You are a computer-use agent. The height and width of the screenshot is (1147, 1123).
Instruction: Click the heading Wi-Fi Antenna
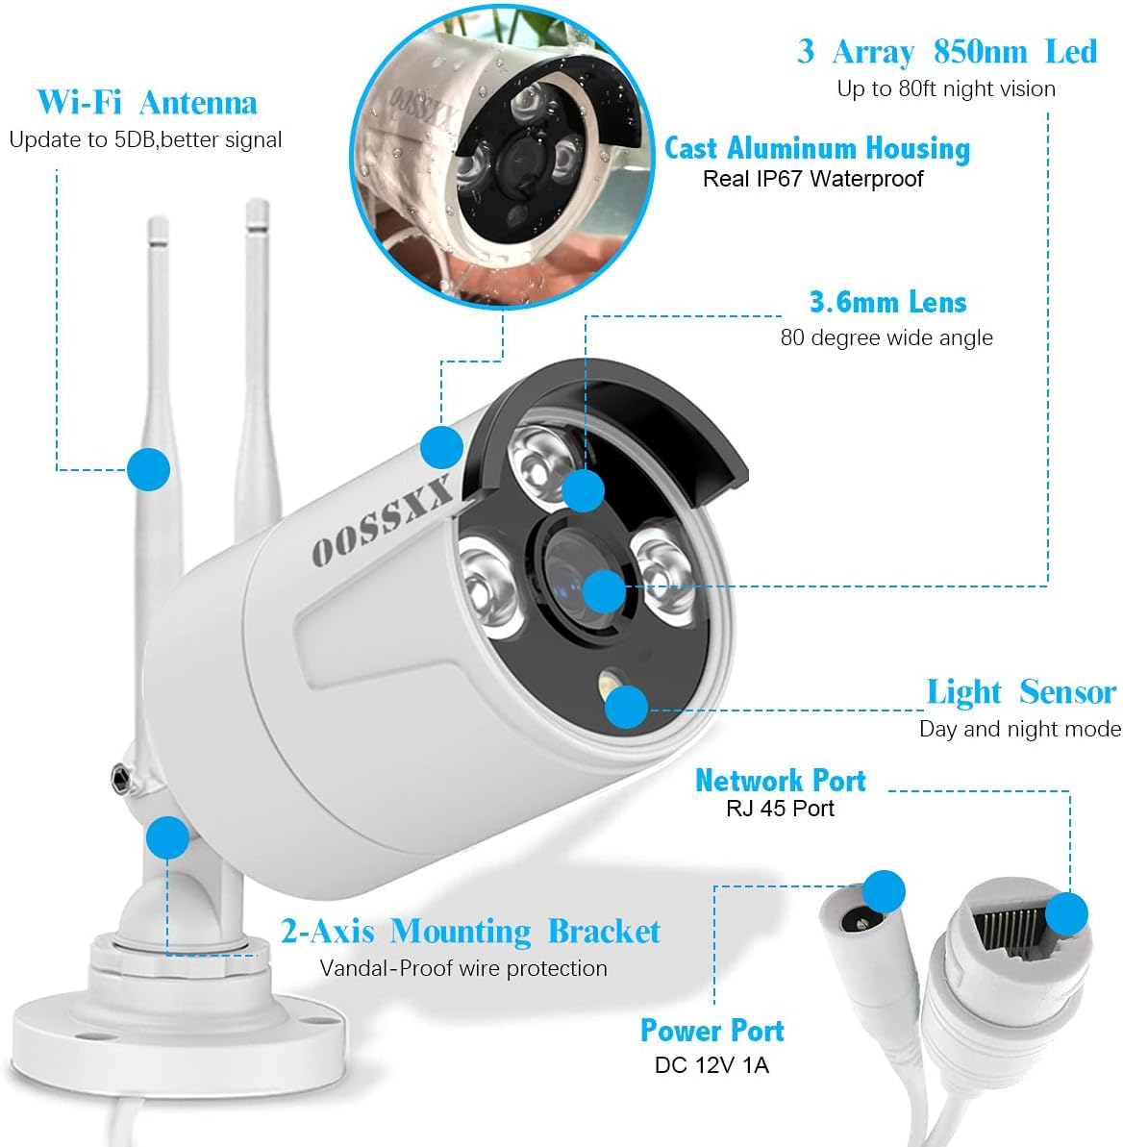coord(147,103)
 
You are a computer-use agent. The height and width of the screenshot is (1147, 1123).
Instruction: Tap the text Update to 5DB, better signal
coord(145,140)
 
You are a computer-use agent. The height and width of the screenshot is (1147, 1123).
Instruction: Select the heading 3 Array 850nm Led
coord(946,52)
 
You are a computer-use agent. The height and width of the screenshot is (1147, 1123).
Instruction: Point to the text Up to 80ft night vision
coord(946,89)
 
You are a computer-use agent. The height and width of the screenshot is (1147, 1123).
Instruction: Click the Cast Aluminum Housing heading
coord(817,148)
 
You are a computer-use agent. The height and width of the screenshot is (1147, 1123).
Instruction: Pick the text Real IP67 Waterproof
coord(812,179)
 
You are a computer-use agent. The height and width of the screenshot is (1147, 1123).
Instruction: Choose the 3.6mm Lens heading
coord(887,303)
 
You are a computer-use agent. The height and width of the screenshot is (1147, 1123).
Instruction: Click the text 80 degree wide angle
coord(886,338)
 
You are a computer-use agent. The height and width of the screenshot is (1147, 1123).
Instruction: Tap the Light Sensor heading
coord(1020,692)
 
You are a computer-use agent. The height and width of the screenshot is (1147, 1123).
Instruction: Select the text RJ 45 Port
coord(780,809)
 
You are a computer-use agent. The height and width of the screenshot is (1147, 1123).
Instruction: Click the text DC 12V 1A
coord(711,1065)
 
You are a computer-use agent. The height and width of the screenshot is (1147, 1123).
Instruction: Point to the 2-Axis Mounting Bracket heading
coord(470,932)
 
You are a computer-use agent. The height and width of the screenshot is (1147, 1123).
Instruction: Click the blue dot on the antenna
coord(148,469)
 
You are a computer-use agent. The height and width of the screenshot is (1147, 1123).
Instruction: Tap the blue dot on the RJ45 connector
coord(1066,913)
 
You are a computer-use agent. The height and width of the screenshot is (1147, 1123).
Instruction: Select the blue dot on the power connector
coord(884,891)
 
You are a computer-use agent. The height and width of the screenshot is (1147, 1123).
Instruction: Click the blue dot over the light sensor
coord(627,707)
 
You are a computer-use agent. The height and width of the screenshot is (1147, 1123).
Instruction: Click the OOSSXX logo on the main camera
coord(382,522)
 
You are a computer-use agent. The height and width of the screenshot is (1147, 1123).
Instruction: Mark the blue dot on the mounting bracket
coord(168,837)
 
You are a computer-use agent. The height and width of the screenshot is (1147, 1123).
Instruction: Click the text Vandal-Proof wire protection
coord(463,968)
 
